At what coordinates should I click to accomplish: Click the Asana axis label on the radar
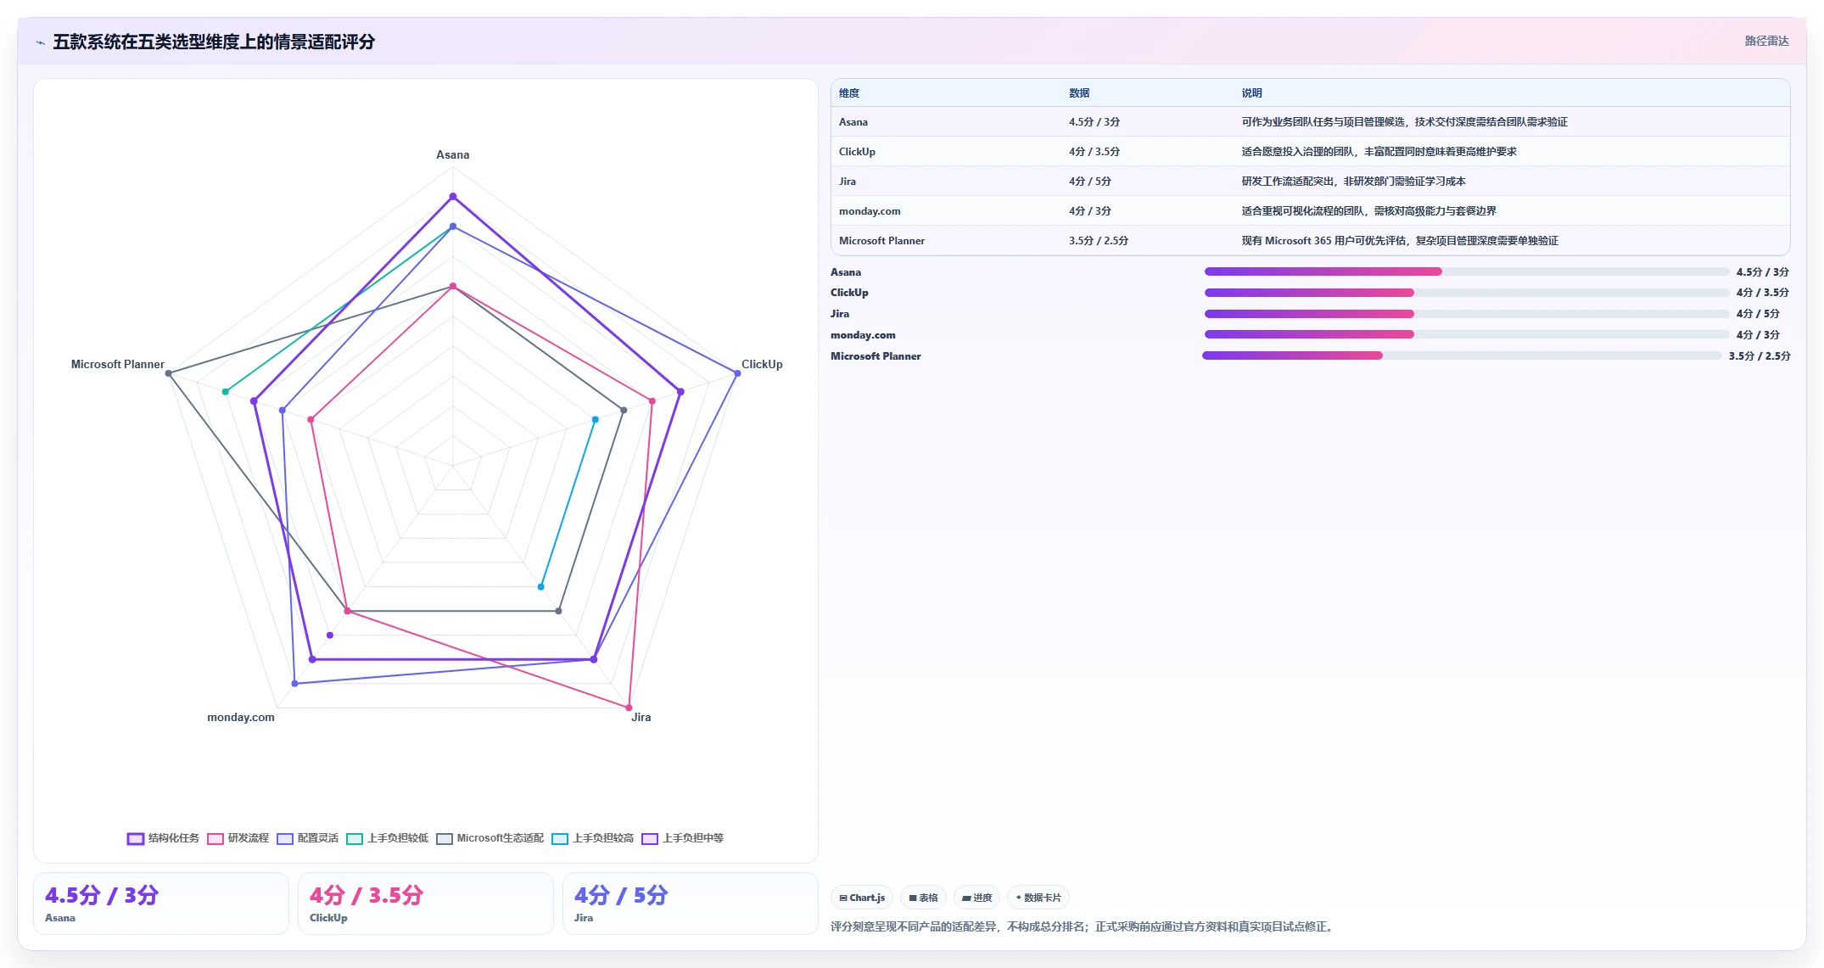(x=452, y=154)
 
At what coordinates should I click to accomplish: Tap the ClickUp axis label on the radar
(x=762, y=364)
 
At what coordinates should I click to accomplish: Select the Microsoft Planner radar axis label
(x=118, y=364)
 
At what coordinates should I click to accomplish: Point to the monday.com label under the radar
(x=241, y=717)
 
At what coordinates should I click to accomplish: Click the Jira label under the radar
(x=641, y=717)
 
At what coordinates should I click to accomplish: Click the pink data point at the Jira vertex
(x=629, y=708)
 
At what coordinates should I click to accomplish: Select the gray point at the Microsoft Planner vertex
(x=169, y=373)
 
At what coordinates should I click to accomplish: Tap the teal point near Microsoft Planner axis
(x=226, y=392)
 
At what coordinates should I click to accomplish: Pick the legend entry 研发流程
(x=238, y=838)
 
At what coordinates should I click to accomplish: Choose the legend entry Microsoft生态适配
(x=490, y=838)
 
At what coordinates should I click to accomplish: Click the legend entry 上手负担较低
(x=388, y=838)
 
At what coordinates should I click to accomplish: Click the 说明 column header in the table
(x=1252, y=93)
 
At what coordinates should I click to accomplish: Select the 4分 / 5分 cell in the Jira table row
(x=1090, y=182)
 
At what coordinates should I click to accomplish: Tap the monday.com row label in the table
(x=870, y=211)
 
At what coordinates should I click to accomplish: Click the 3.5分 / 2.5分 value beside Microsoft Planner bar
(x=1760, y=356)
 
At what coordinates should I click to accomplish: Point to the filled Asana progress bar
(x=1323, y=271)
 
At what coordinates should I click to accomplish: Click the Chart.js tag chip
(x=862, y=898)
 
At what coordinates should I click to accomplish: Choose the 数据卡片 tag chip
(x=1038, y=898)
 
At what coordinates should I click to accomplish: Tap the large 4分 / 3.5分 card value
(x=366, y=895)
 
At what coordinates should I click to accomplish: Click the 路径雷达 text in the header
(x=1767, y=41)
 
